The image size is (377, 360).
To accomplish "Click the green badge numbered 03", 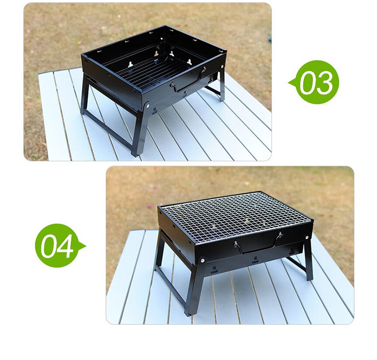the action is (315, 82).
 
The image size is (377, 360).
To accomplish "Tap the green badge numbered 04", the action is (59, 245).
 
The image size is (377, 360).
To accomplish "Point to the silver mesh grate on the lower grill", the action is (235, 216).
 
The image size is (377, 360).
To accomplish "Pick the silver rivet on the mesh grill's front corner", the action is (203, 260).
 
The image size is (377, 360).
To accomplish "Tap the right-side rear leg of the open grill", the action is (222, 84).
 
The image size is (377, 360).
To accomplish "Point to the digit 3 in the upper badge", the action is (324, 83).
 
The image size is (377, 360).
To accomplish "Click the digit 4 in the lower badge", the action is (64, 246).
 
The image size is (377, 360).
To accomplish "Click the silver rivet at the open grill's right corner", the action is (222, 66).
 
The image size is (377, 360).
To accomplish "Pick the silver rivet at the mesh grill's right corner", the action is (307, 238).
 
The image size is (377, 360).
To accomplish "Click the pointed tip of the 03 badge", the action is (288, 83).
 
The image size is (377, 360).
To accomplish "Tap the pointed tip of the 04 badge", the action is (86, 246).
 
